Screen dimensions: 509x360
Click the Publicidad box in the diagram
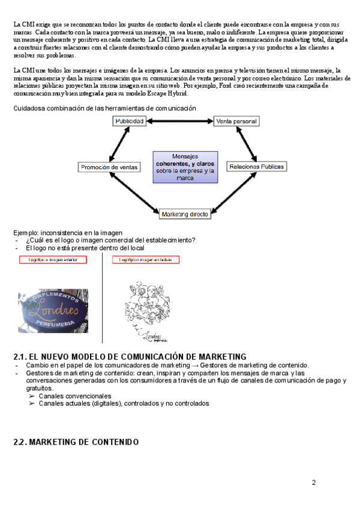click(x=129, y=121)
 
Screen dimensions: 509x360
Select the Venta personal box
click(x=236, y=121)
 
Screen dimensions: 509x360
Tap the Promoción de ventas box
click(x=109, y=167)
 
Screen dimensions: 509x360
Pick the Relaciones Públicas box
click(x=257, y=166)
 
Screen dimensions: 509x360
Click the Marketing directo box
click(x=184, y=213)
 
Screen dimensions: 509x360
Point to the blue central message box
click(x=185, y=166)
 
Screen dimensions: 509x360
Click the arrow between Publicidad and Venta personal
click(x=180, y=121)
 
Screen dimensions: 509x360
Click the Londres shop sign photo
click(x=53, y=310)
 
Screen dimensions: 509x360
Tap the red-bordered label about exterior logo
click(x=53, y=260)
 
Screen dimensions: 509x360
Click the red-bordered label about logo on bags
click(x=146, y=260)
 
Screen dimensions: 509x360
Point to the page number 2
click(x=313, y=483)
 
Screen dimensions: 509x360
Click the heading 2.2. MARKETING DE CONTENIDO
click(x=76, y=442)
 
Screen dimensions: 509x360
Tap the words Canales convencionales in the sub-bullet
click(x=74, y=396)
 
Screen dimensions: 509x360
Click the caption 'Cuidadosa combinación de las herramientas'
click(x=104, y=108)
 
